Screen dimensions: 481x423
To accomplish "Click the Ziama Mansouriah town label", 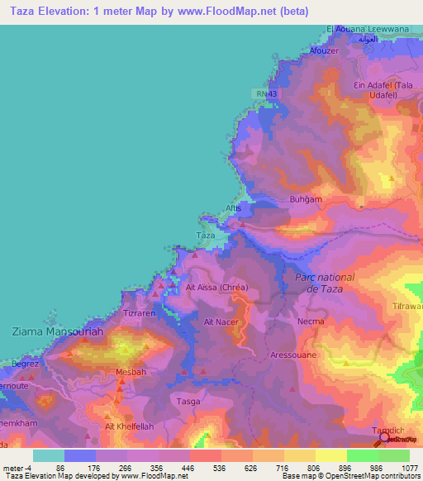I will tap(55, 331).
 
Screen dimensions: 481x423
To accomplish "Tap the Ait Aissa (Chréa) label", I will tap(217, 287).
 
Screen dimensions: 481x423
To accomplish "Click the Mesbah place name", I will tap(131, 371).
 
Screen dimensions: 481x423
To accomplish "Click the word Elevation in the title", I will tap(85, 11).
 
